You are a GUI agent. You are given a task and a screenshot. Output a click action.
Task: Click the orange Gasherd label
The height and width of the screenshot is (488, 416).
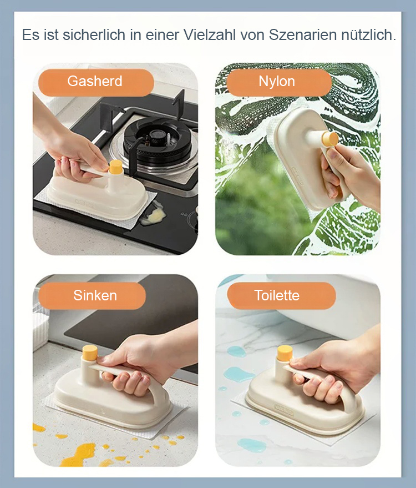point(95,82)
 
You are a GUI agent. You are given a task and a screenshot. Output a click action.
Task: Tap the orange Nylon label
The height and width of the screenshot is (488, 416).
point(277,82)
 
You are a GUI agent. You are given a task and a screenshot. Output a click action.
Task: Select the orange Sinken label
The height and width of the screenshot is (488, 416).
point(95,295)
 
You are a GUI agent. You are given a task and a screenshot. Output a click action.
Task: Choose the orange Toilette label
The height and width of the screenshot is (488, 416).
point(277,295)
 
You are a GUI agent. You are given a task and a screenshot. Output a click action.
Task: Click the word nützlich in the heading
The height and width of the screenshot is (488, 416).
point(368,35)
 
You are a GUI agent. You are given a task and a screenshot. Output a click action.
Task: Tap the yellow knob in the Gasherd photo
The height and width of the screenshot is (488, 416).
point(116,167)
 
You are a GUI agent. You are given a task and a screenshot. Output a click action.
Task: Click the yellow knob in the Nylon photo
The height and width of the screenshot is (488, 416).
point(331,138)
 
